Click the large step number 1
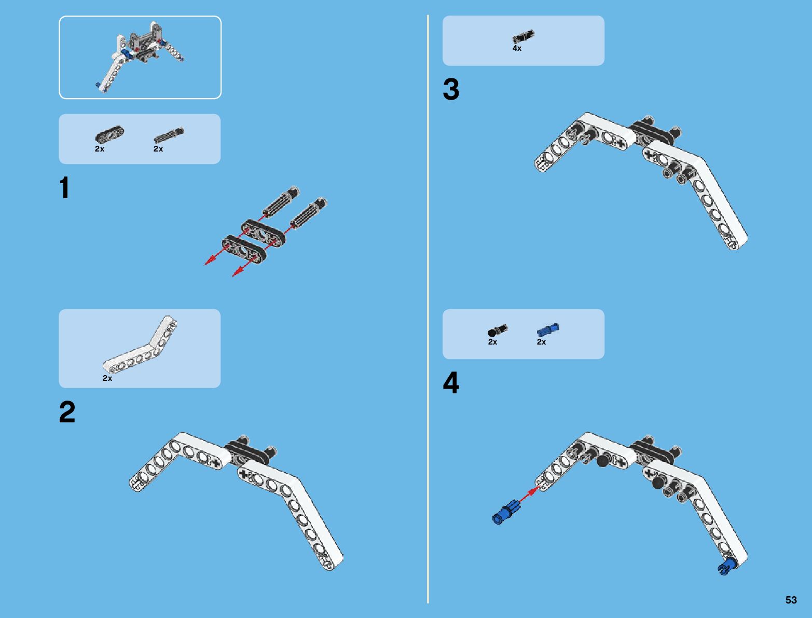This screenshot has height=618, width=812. tap(65, 188)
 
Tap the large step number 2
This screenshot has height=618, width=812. tap(67, 413)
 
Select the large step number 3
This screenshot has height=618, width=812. tap(451, 89)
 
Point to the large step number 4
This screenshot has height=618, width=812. tap(451, 384)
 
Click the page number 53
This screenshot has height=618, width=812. tap(791, 600)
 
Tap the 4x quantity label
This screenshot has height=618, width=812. tap(517, 48)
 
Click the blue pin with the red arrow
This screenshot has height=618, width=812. tap(505, 513)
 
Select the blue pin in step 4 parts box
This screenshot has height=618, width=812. tap(548, 329)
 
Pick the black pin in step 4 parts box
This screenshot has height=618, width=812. tap(498, 331)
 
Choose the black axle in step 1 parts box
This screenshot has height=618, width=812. tap(169, 135)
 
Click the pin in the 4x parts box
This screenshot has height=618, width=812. tap(523, 37)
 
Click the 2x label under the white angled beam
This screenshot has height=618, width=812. tap(107, 378)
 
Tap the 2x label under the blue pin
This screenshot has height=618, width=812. tap(541, 342)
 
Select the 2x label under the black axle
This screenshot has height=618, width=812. tap(158, 149)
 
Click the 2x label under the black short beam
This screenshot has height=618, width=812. tap(100, 149)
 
